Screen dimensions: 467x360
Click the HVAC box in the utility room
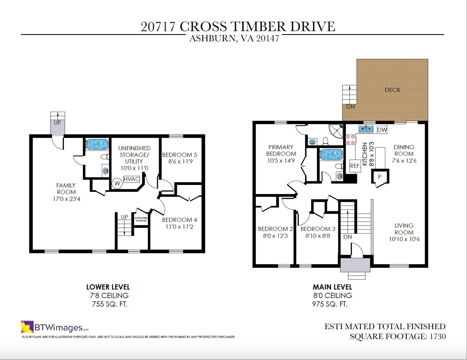[132, 179]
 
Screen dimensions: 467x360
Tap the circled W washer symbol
[117, 184]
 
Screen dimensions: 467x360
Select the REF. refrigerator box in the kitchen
[355, 166]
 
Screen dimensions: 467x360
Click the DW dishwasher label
[382, 130]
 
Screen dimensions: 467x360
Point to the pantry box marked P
[380, 177]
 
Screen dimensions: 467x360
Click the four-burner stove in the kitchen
[350, 139]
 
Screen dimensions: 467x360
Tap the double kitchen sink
[366, 129]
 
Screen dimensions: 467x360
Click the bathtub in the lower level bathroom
[97, 144]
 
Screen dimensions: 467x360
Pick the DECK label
[393, 90]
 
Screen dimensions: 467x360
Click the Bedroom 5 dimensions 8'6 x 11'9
[180, 162]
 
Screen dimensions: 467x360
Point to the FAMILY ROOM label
[66, 188]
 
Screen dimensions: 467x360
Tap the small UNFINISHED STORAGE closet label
[141, 219]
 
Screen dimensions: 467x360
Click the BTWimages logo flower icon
[27, 326]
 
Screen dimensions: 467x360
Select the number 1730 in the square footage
[438, 336]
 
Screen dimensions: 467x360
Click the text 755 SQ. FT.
[110, 304]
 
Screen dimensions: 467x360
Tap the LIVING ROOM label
[404, 229]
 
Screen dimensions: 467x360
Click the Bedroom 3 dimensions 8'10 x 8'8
[318, 236]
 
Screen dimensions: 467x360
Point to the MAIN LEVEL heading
[332, 287]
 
